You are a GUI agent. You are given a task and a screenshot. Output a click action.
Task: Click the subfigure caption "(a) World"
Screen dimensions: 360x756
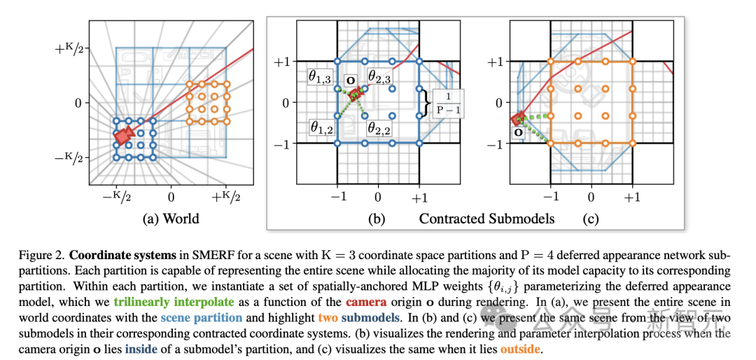171,219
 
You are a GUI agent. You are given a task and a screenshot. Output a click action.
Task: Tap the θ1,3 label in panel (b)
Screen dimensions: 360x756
321,77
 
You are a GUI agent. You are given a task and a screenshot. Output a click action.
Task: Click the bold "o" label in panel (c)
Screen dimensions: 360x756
518,131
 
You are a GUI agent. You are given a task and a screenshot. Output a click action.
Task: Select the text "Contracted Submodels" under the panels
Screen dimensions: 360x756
487,219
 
